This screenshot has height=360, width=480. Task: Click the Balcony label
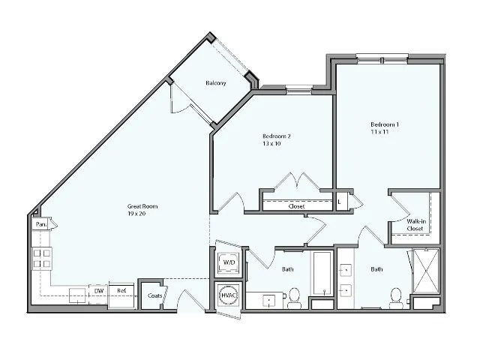(x=216, y=83)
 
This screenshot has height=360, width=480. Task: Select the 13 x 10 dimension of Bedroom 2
(x=271, y=142)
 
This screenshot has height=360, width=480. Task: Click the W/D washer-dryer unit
(x=228, y=262)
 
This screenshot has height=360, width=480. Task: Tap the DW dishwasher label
(x=98, y=291)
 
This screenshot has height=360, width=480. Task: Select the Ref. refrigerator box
(x=121, y=292)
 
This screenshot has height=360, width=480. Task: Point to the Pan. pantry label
(x=41, y=224)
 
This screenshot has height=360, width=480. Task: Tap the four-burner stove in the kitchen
(x=42, y=259)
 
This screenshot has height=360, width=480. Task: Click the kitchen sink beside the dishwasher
(x=77, y=295)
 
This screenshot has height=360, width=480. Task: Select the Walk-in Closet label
(x=415, y=225)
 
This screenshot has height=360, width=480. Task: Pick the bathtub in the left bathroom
(x=322, y=272)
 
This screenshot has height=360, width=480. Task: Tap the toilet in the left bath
(x=294, y=296)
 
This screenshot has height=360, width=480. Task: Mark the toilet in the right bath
(x=395, y=297)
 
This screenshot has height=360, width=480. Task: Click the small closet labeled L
(x=341, y=201)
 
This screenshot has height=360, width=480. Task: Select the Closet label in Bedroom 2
(x=296, y=206)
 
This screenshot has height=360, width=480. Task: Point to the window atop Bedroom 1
(x=382, y=56)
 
